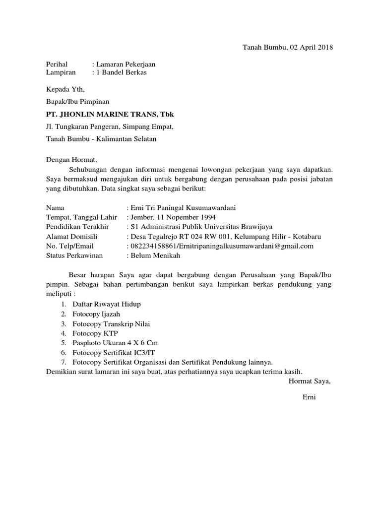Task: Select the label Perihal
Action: [x=56, y=64]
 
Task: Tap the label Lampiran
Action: [x=61, y=72]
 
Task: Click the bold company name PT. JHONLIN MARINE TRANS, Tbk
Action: [x=110, y=115]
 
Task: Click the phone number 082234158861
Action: [x=153, y=246]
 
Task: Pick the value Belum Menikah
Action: [x=155, y=255]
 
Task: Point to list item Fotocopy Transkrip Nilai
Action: [x=111, y=323]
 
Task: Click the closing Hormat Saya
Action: [x=309, y=381]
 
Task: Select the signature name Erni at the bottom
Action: [x=309, y=397]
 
